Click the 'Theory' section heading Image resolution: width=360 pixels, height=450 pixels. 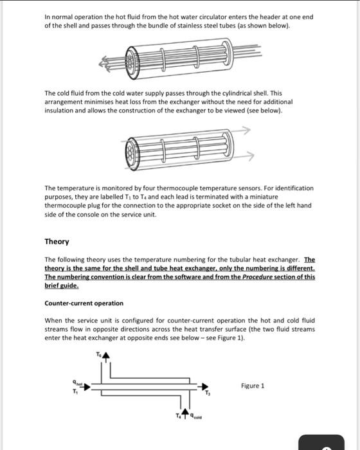point(57,242)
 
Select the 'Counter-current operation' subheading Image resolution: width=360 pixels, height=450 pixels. point(84,303)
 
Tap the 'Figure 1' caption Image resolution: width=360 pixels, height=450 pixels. point(253,386)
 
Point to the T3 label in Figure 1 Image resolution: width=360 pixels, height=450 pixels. point(207,393)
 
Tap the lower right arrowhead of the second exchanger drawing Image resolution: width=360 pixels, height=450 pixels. point(246,155)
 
